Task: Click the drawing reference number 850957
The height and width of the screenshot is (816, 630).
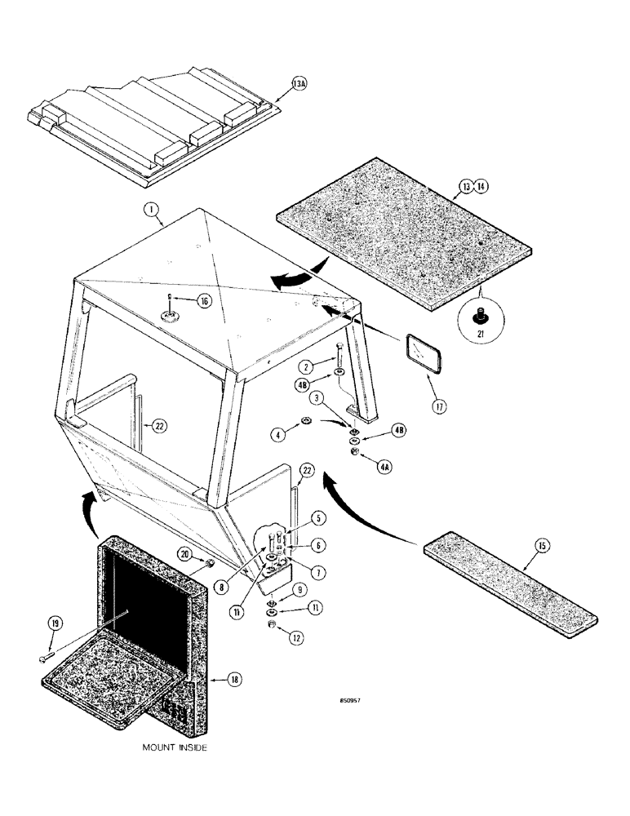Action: pyautogui.click(x=352, y=700)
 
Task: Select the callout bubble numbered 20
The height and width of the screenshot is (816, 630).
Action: pyautogui.click(x=185, y=553)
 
